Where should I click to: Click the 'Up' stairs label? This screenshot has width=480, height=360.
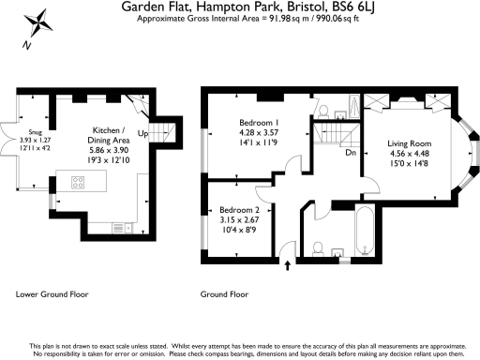click(142, 134)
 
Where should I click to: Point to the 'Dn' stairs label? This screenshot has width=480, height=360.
click(349, 151)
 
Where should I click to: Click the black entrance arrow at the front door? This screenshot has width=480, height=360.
click(288, 266)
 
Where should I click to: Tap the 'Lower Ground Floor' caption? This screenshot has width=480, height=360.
click(52, 294)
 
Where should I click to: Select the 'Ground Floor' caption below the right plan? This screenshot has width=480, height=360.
click(224, 294)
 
